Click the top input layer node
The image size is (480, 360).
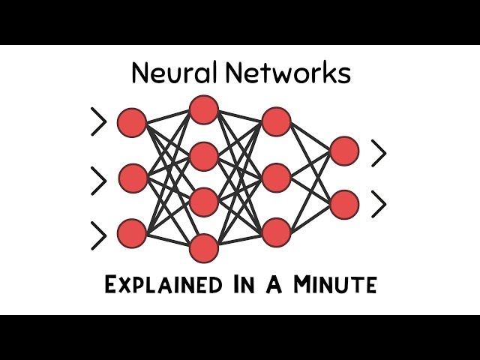(132, 122)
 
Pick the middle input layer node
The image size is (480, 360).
(133, 178)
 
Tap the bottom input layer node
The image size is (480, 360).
(132, 233)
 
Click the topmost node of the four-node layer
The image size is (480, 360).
(203, 109)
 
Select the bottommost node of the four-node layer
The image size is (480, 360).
(203, 248)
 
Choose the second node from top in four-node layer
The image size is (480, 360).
(203, 156)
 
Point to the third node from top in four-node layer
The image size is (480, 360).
(203, 202)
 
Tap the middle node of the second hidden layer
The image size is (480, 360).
(276, 178)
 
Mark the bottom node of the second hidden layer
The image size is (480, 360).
(276, 232)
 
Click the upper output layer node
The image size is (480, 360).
(344, 151)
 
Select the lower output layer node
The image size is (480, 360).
(344, 204)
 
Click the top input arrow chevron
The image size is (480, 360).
(99, 122)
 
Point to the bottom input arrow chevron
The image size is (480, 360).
(99, 235)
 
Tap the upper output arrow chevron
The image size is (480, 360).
(379, 154)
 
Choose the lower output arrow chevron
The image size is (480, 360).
(379, 203)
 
